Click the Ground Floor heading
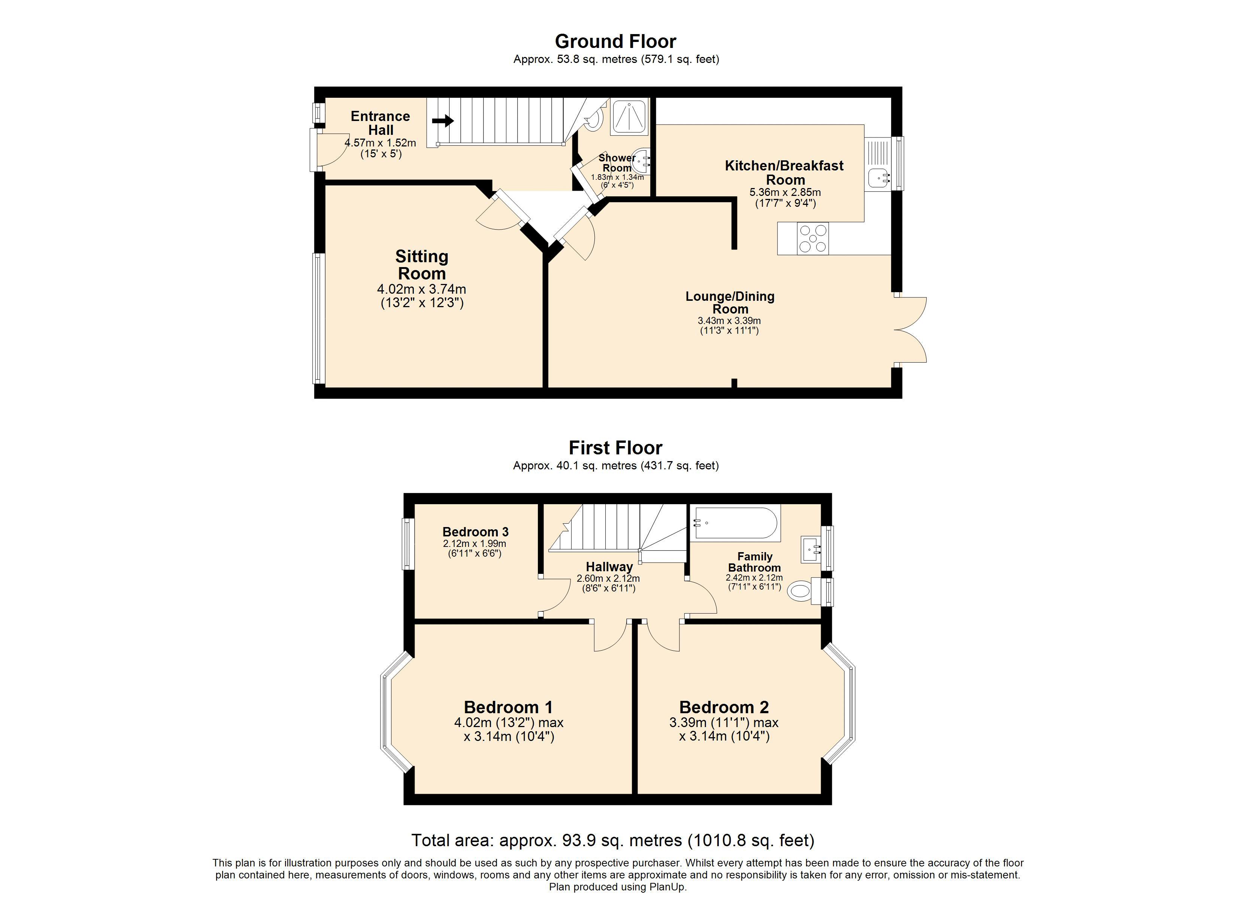[x=615, y=42]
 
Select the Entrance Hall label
[x=381, y=123]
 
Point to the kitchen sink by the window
[x=878, y=177]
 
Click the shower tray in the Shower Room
[x=630, y=116]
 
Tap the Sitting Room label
[x=421, y=264]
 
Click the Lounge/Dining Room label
[x=730, y=303]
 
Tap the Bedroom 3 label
[x=475, y=532]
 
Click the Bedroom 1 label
[x=508, y=707]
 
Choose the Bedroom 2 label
[x=724, y=707]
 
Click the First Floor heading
[x=615, y=448]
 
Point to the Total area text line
[x=612, y=840]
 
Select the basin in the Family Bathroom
[x=811, y=550]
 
